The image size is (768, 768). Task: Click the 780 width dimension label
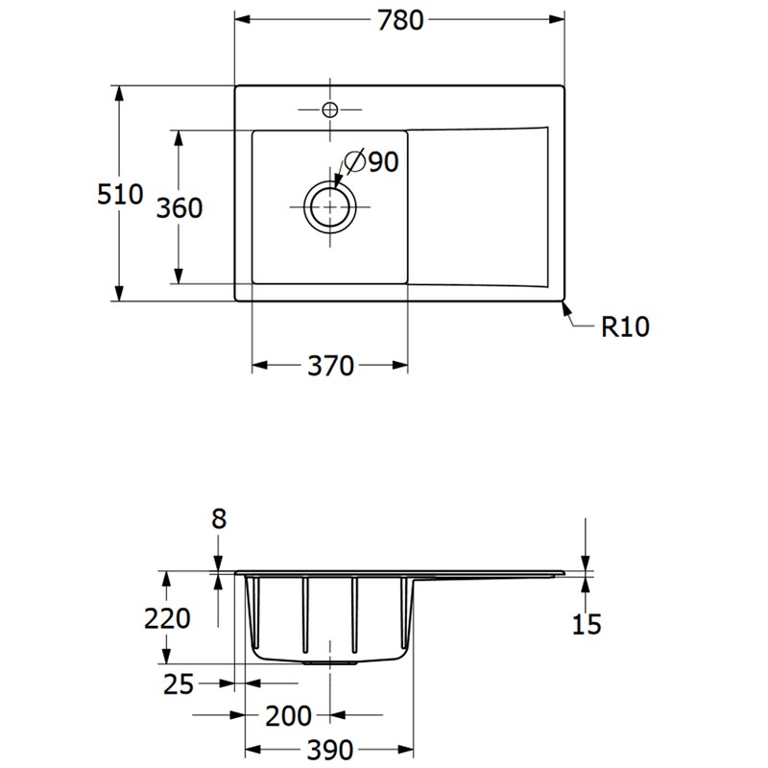[399, 20]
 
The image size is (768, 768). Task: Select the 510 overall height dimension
[120, 195]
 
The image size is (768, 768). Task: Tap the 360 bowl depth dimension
[180, 207]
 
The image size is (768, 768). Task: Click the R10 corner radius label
[625, 327]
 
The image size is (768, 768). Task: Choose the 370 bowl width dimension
[330, 366]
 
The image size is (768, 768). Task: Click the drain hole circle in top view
[330, 206]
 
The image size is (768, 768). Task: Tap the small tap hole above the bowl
[329, 108]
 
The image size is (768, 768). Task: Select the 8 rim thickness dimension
[219, 519]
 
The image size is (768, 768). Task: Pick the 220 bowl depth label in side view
[167, 619]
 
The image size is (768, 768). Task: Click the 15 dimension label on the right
[586, 625]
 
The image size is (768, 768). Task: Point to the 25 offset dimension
[179, 684]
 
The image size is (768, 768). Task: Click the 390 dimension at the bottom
[329, 751]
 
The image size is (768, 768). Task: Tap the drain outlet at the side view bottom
[332, 662]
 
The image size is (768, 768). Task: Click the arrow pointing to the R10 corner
[567, 309]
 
